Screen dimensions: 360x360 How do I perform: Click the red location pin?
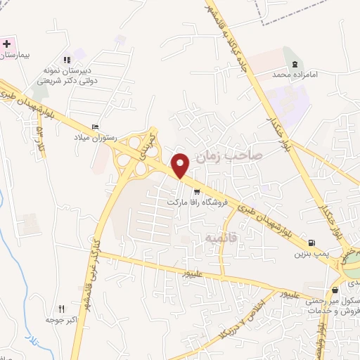[x=181, y=165]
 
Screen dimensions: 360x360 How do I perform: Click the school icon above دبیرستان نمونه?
[x=67, y=60]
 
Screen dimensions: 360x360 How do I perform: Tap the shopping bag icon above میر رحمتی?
[x=335, y=288]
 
